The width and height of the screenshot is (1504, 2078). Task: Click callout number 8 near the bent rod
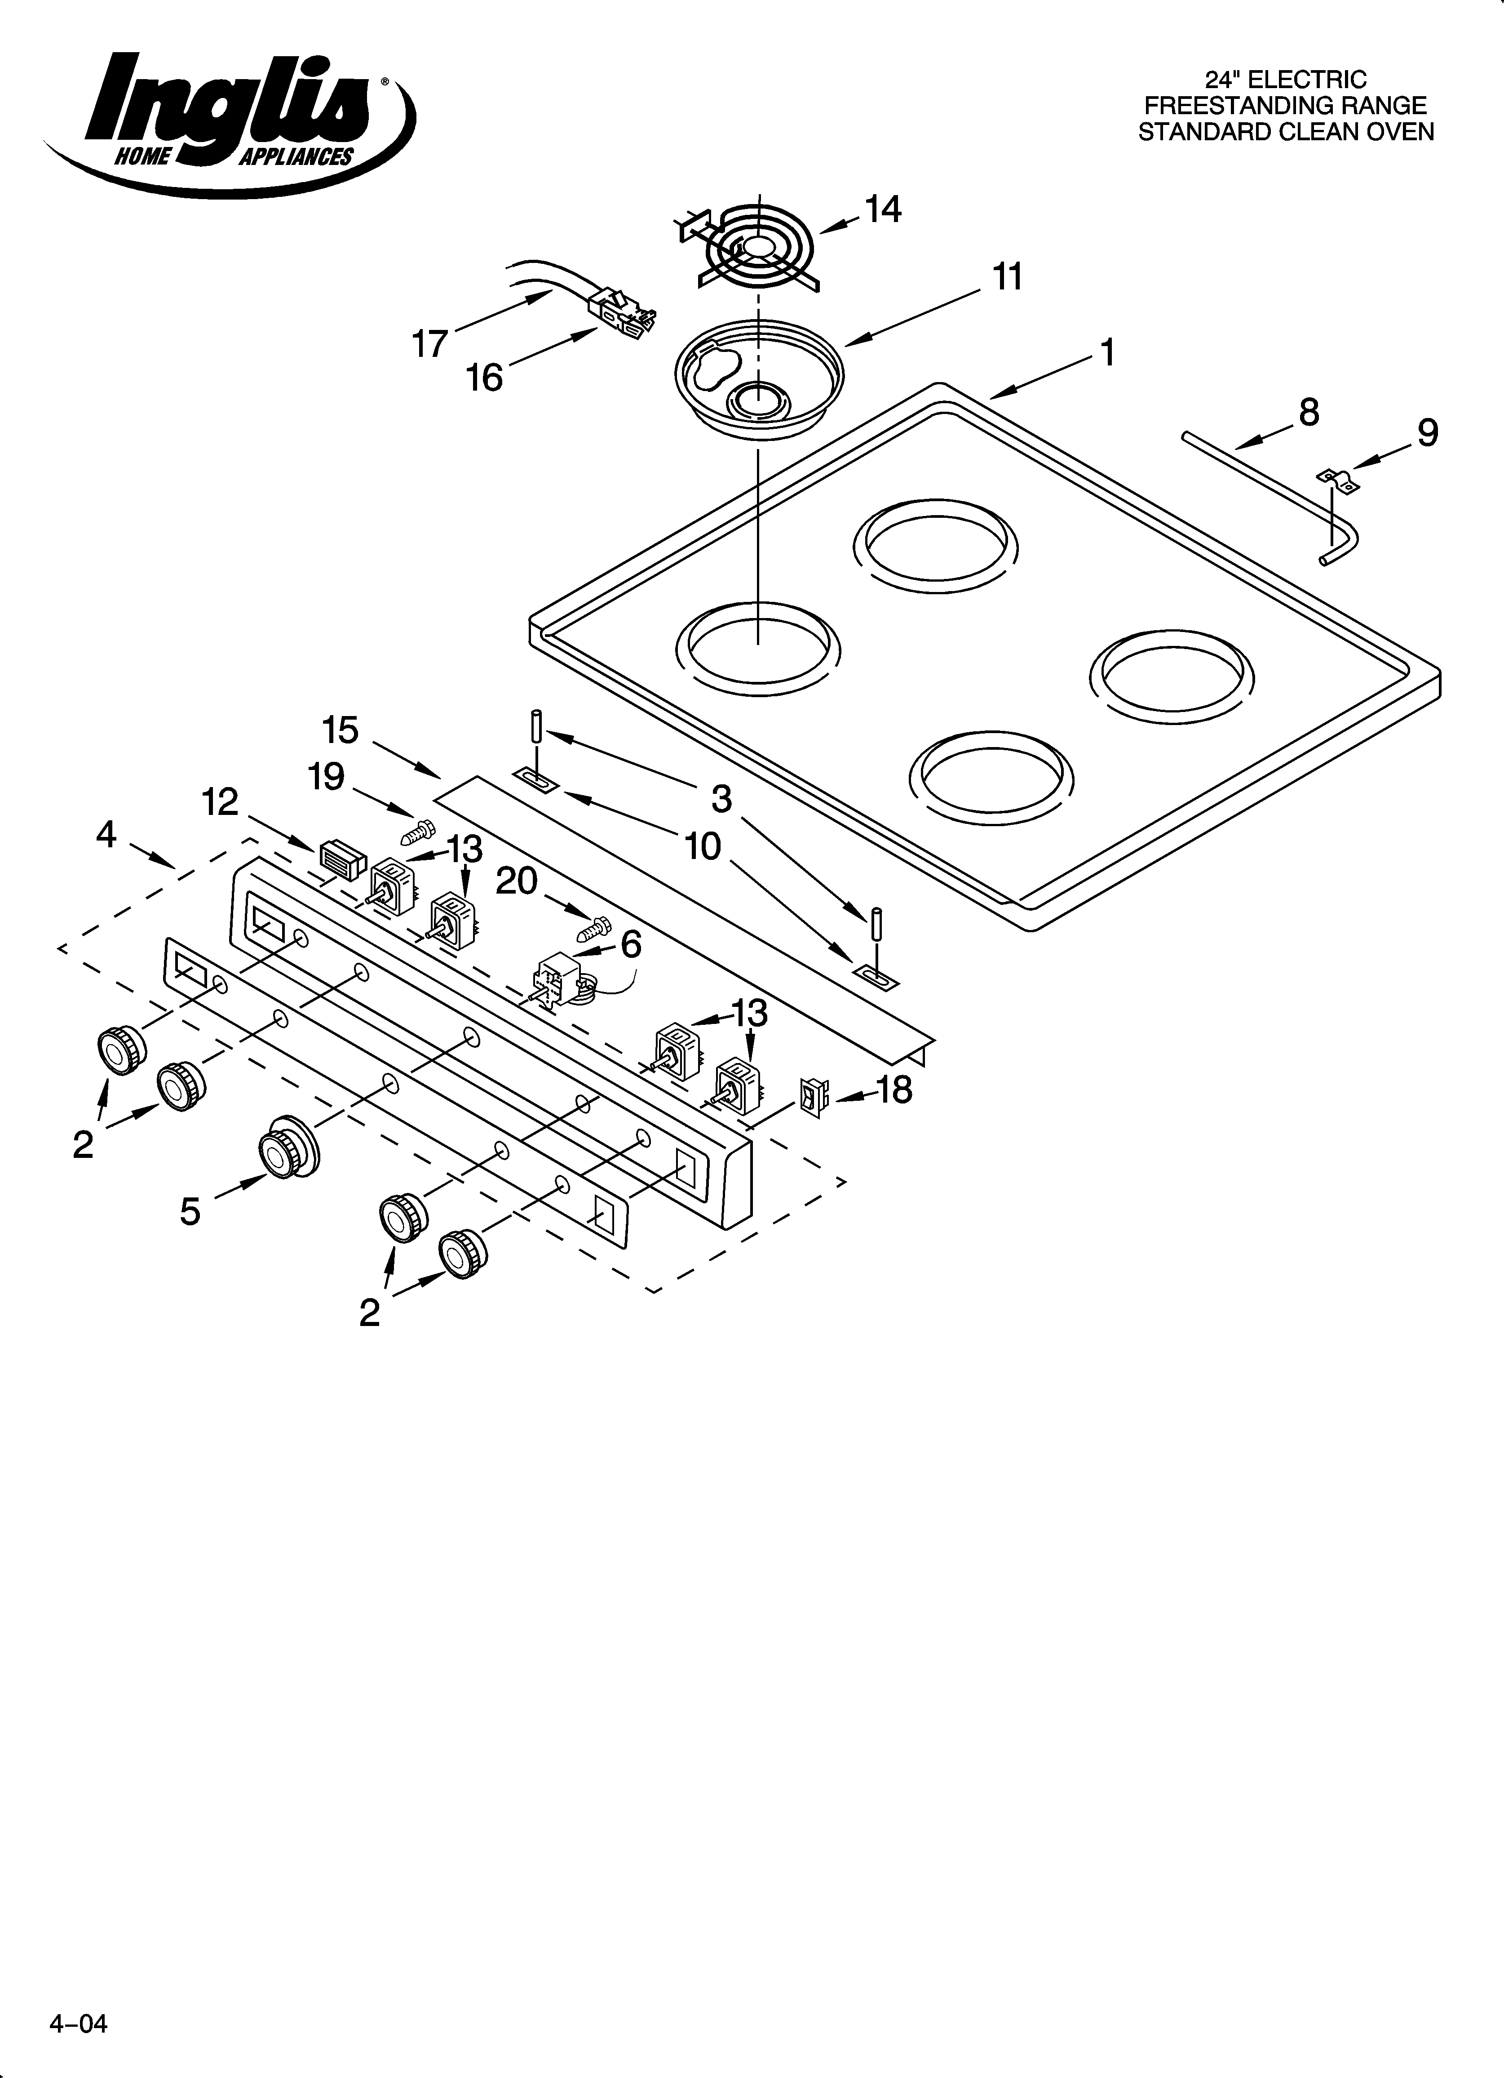point(1309,413)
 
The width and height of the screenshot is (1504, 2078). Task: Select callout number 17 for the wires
point(429,344)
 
